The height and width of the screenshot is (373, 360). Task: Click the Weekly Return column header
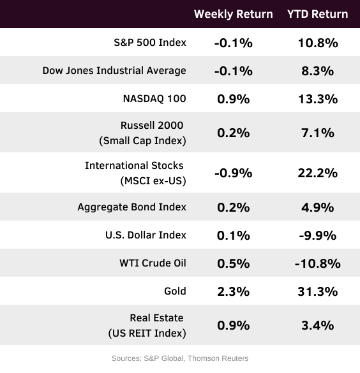point(234,14)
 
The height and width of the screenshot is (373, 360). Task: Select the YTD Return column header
point(318,14)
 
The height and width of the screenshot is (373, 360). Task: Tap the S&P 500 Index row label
point(150,42)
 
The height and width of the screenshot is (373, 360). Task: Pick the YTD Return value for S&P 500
point(318,43)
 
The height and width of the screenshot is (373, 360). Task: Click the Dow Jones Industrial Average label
point(114,70)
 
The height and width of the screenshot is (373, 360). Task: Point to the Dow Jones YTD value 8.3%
point(318,71)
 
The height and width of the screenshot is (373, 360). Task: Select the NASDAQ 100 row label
point(154,98)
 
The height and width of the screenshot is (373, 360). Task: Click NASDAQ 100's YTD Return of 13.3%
point(318,99)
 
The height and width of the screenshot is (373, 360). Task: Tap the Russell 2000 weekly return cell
point(234,133)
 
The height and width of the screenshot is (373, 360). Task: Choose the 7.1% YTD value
point(318,133)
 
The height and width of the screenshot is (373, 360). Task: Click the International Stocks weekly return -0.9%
point(234,173)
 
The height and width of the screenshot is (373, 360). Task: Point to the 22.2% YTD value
point(318,173)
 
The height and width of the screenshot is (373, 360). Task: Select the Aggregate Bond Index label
point(131,207)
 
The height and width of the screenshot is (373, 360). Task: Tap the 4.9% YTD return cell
point(318,207)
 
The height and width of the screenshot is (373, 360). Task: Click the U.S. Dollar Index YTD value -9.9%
point(318,235)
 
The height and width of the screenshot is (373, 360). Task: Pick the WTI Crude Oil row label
point(153,263)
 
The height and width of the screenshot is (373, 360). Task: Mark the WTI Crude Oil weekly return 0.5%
point(234,263)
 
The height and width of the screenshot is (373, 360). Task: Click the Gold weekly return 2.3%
point(234,291)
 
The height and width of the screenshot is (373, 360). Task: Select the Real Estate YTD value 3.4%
point(318,325)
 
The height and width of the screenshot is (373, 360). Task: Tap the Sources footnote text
point(180,358)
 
